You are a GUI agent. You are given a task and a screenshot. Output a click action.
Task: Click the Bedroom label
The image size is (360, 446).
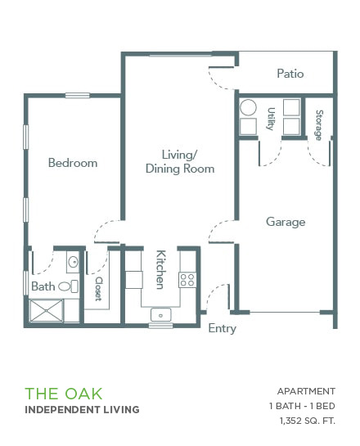[73, 163]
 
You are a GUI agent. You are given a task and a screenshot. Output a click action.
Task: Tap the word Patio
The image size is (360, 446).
[290, 74]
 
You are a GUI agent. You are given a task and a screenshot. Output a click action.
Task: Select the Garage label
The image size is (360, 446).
[286, 222]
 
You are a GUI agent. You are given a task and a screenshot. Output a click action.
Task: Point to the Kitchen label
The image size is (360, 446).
[161, 269]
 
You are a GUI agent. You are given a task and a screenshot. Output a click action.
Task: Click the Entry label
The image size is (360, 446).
[222, 328]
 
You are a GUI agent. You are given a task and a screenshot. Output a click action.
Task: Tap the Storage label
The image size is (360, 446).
[319, 125]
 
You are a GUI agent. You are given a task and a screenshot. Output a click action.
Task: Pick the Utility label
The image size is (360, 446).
[271, 119]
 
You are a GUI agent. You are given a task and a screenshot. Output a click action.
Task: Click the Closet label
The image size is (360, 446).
[98, 289]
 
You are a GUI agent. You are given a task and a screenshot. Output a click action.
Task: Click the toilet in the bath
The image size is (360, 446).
[68, 286]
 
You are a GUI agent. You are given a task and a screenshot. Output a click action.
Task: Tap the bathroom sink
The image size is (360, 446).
[73, 262]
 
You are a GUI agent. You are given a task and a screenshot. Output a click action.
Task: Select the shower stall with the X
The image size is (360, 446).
[46, 311]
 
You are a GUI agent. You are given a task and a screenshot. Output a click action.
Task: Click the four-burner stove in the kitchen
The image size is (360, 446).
[187, 280]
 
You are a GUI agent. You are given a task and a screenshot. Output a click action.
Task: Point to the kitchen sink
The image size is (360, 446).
[160, 315]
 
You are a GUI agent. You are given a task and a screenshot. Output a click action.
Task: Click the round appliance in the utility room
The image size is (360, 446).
[248, 107]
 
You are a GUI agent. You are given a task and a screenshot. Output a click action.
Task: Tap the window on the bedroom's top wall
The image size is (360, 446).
[78, 96]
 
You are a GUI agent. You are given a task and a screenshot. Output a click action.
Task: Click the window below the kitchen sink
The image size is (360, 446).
[160, 326]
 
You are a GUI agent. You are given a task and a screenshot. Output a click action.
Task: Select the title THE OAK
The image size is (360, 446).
[64, 394]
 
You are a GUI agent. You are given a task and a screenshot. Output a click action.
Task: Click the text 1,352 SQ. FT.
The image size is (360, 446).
[308, 421]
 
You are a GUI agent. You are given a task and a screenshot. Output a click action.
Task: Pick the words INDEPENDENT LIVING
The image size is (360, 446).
[82, 410]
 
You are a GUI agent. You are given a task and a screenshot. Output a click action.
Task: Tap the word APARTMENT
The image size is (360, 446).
[306, 391]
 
